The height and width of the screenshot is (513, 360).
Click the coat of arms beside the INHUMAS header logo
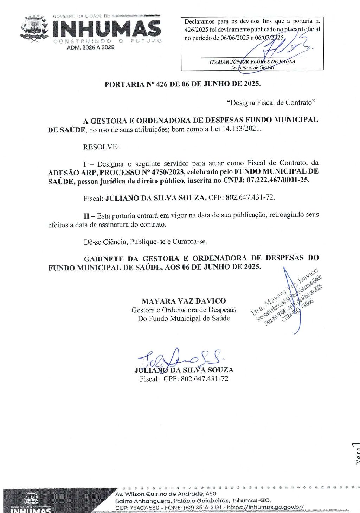point(34,29)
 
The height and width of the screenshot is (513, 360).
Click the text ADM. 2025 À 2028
point(90,48)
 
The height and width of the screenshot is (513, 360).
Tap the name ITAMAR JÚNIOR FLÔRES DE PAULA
point(252,61)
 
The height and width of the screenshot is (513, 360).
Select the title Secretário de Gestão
point(252,67)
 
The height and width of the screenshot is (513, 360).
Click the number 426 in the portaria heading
point(162,84)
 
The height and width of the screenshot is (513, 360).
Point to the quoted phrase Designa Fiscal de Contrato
point(271,103)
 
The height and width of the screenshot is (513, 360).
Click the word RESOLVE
point(101,147)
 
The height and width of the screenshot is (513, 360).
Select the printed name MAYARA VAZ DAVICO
point(184,301)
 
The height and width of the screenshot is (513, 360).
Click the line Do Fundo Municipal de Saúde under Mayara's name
point(184,319)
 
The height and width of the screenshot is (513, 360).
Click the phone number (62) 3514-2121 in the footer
point(202,507)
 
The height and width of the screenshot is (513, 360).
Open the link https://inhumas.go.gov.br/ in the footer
point(265,507)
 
